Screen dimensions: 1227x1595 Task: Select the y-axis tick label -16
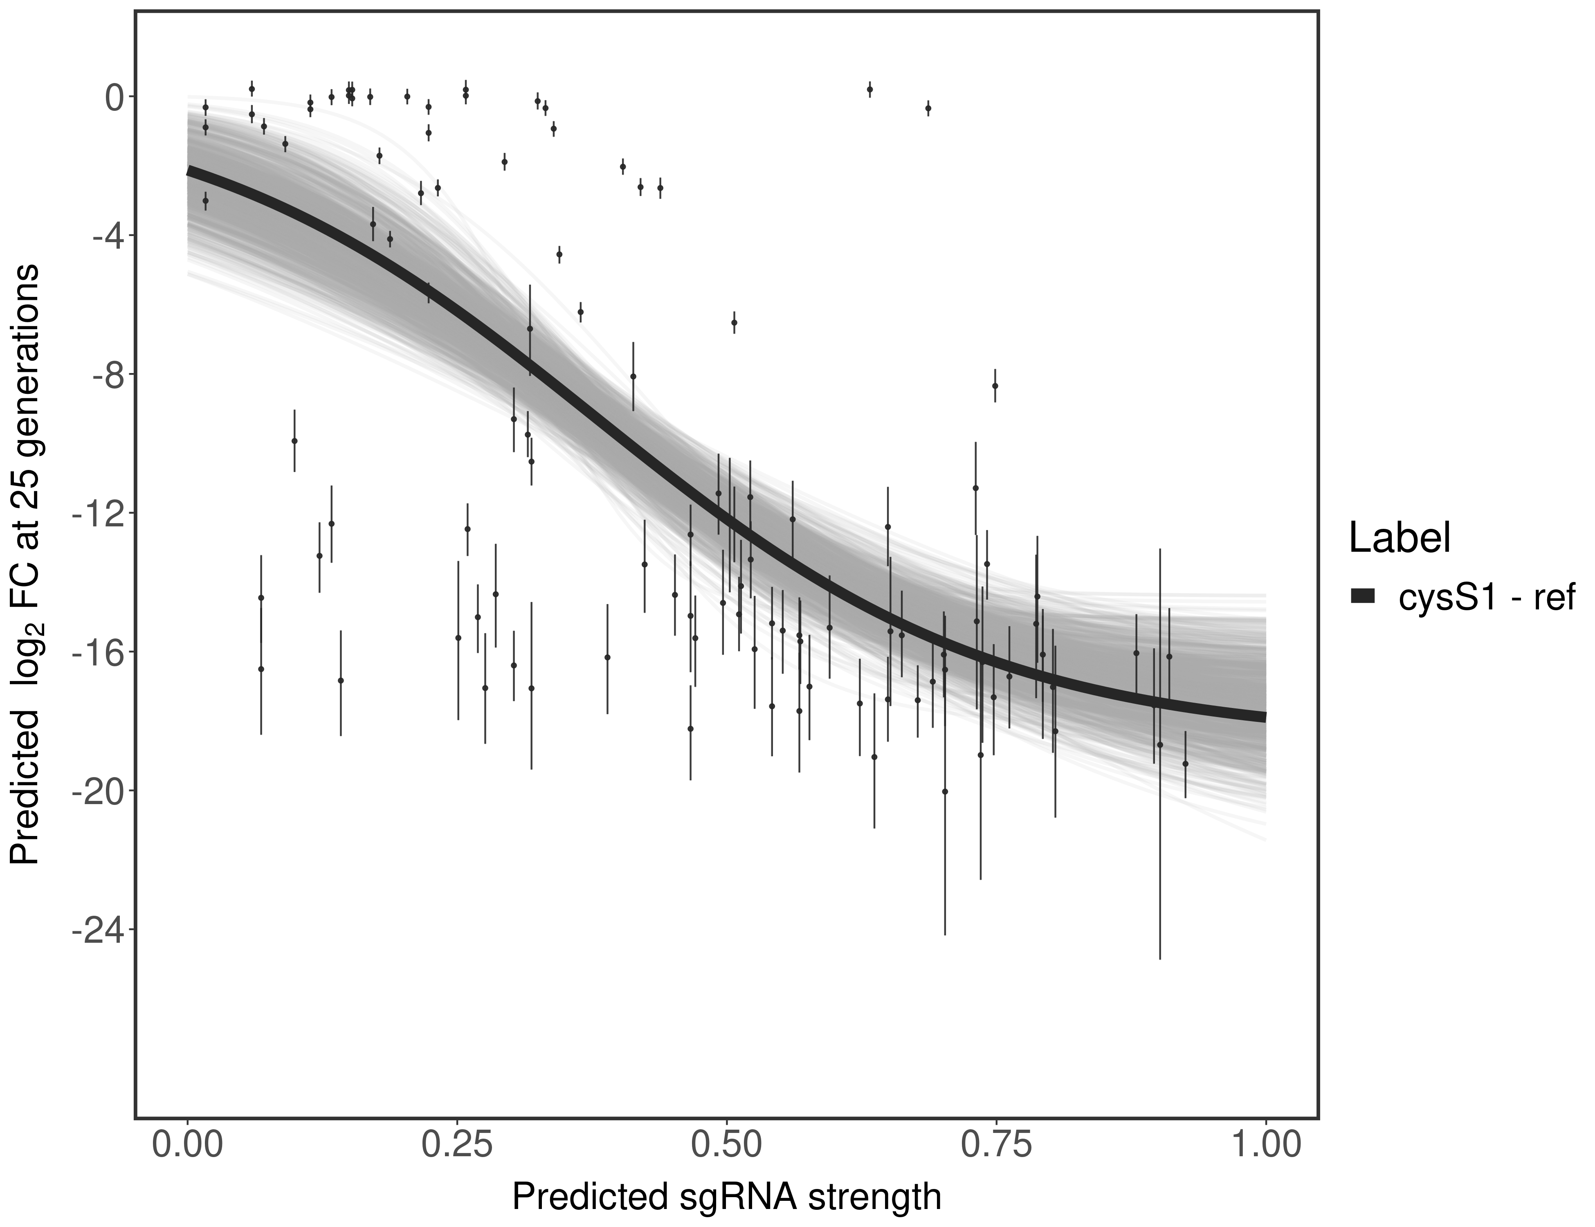(x=99, y=653)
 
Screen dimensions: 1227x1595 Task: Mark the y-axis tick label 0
(x=114, y=98)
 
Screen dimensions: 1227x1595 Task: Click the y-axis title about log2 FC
(x=26, y=564)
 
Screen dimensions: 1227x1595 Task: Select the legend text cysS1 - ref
(x=1485, y=597)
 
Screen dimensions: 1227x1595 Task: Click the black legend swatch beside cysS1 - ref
(x=1363, y=597)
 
